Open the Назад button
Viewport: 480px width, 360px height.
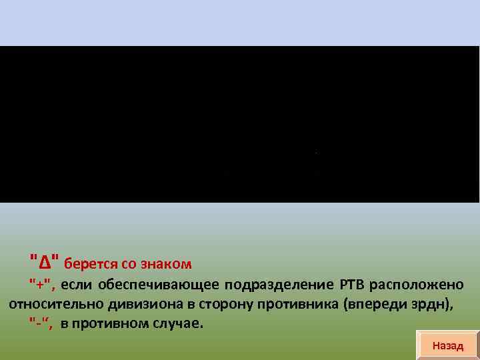point(447,345)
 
